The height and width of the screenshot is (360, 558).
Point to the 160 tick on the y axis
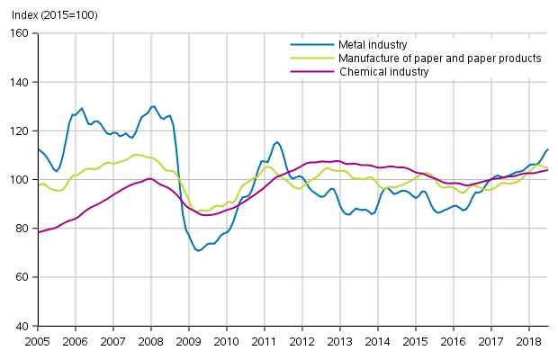point(22,33)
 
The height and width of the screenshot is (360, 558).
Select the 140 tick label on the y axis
point(22,82)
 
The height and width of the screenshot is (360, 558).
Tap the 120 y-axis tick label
point(22,130)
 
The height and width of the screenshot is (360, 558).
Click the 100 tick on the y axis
point(22,180)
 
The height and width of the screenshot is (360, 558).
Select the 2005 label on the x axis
point(38,342)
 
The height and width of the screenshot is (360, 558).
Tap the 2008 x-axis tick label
point(151,342)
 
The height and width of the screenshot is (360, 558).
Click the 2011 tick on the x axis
point(264,342)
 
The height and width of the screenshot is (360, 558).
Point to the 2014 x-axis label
point(377,342)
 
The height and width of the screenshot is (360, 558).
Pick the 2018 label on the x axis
point(528,342)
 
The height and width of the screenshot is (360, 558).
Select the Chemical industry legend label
point(384,71)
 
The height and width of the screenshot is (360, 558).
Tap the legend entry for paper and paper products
point(439,58)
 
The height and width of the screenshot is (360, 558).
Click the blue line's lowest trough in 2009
point(198,250)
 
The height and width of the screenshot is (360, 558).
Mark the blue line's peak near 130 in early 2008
point(153,106)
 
